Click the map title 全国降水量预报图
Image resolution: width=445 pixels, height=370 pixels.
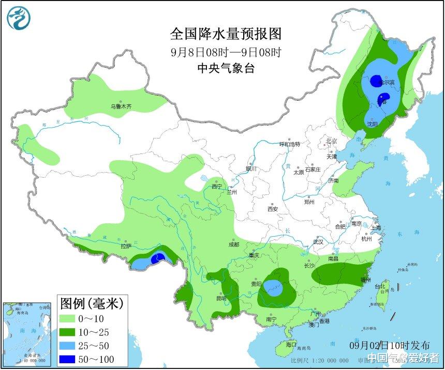(x=226, y=34)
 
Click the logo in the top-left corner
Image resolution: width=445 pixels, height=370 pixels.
(x=19, y=18)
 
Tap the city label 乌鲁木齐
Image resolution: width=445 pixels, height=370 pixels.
(x=121, y=106)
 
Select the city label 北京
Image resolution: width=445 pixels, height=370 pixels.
(x=331, y=141)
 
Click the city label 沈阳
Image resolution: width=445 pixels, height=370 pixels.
(x=372, y=124)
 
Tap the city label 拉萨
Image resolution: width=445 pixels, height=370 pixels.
(x=126, y=246)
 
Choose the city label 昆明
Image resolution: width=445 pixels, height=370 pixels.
(x=221, y=299)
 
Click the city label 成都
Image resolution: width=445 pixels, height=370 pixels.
(x=233, y=244)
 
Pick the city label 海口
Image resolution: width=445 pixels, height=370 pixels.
(x=291, y=344)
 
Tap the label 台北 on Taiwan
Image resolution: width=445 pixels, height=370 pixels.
(x=380, y=286)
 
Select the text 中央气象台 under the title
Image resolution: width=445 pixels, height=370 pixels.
(x=226, y=68)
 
